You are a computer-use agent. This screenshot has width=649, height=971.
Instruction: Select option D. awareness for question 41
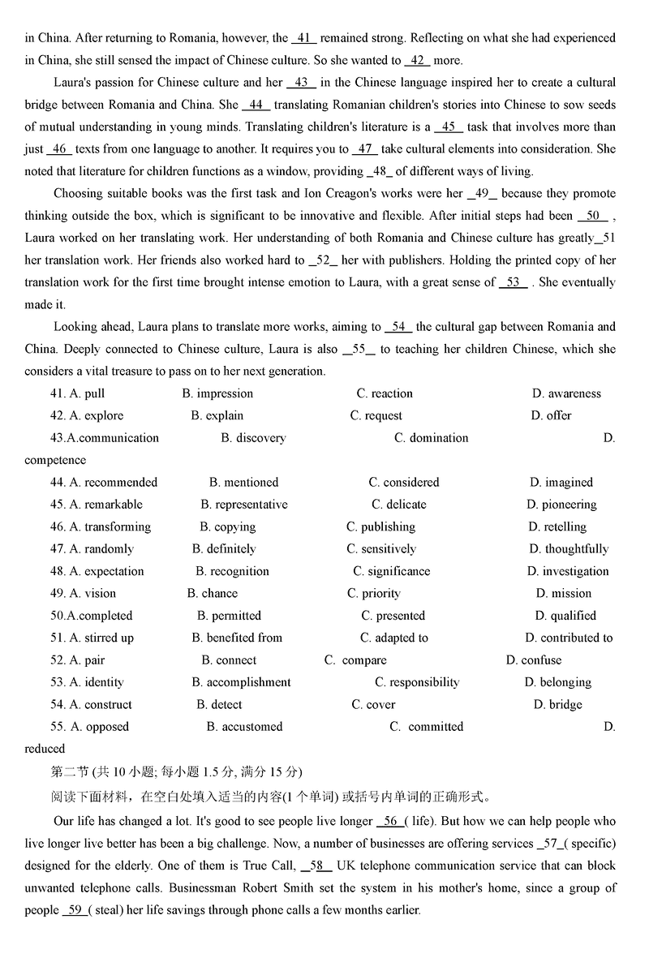(x=566, y=393)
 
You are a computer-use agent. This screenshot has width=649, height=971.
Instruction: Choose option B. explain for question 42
(x=217, y=415)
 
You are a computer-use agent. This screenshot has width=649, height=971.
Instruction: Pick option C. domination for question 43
(x=431, y=438)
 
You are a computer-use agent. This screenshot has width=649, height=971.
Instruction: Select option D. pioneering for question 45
(x=561, y=505)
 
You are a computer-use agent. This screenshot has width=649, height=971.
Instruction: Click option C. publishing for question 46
(x=380, y=526)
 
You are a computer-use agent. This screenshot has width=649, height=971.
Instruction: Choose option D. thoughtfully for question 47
(x=569, y=549)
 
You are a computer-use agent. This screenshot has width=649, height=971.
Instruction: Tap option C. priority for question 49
(x=374, y=593)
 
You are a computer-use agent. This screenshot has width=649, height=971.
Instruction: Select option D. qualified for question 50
(x=565, y=616)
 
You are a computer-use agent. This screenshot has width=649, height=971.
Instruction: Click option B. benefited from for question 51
(x=237, y=638)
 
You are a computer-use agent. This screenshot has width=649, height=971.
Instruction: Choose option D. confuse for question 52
(x=534, y=660)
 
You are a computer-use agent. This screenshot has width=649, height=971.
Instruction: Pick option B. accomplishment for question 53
(x=241, y=682)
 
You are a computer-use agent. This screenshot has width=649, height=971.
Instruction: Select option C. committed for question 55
(x=427, y=727)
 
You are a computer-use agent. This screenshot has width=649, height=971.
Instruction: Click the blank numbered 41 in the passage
(x=303, y=38)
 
